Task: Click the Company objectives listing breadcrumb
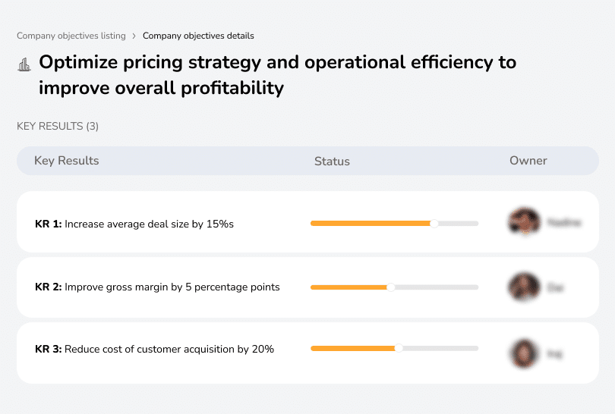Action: click(71, 36)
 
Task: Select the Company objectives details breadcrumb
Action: click(198, 36)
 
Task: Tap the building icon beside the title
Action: click(24, 64)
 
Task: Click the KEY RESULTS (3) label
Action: click(58, 126)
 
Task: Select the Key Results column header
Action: click(66, 161)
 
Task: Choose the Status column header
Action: click(332, 161)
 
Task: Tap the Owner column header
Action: click(528, 161)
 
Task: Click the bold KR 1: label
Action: click(48, 224)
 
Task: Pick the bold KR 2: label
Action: click(48, 287)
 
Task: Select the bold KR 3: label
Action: click(48, 349)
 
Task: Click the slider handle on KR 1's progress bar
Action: click(434, 223)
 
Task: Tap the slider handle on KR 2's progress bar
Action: click(391, 287)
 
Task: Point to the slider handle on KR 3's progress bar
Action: click(399, 348)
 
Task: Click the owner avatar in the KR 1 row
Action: click(523, 222)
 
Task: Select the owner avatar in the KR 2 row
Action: click(523, 287)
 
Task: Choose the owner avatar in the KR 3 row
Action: click(523, 353)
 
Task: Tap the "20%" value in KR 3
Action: click(262, 349)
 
